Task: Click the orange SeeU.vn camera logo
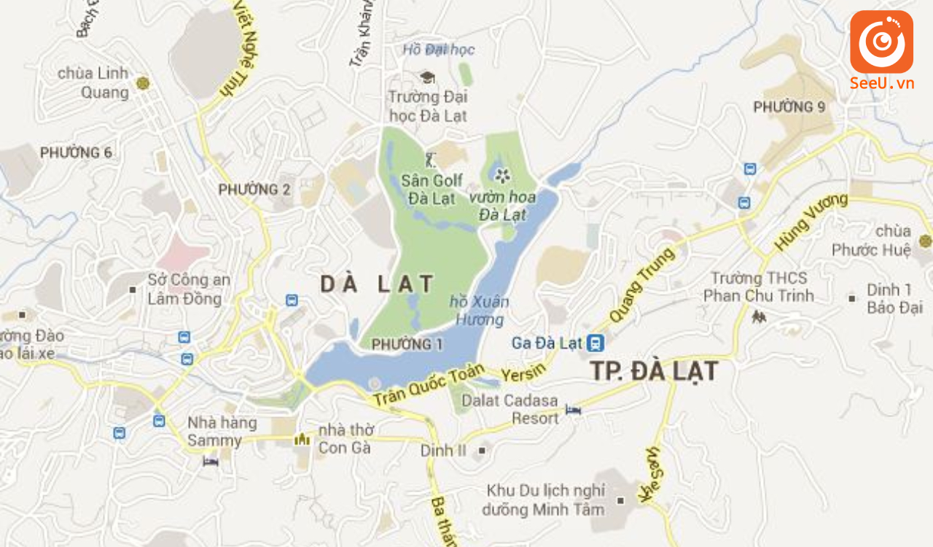pos(881,42)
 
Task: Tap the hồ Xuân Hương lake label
pos(479,311)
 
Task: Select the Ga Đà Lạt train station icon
pos(596,342)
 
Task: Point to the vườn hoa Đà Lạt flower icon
pos(501,174)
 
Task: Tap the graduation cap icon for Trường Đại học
pos(427,77)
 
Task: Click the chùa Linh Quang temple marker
pos(143,83)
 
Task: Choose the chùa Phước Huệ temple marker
pos(925,241)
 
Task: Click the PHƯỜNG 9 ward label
pos(789,107)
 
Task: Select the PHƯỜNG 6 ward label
pos(76,152)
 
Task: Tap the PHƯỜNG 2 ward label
pos(254,190)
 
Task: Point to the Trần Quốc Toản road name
pos(429,386)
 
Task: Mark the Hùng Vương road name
pos(811,222)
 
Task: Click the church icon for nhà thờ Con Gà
pos(302,439)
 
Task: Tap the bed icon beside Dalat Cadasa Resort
pos(574,411)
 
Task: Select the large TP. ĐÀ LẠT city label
pos(654,371)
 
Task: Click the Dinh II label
pos(443,451)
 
